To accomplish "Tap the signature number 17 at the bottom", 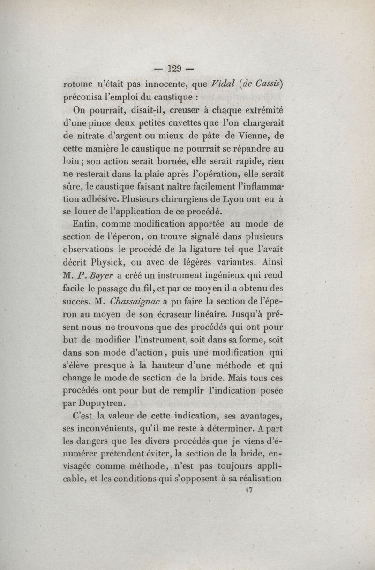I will (x=248, y=490).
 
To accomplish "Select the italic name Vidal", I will (x=226, y=85).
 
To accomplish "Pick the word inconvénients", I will (x=112, y=428).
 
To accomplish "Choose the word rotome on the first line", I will (x=78, y=85).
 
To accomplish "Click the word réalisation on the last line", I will (x=256, y=479).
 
